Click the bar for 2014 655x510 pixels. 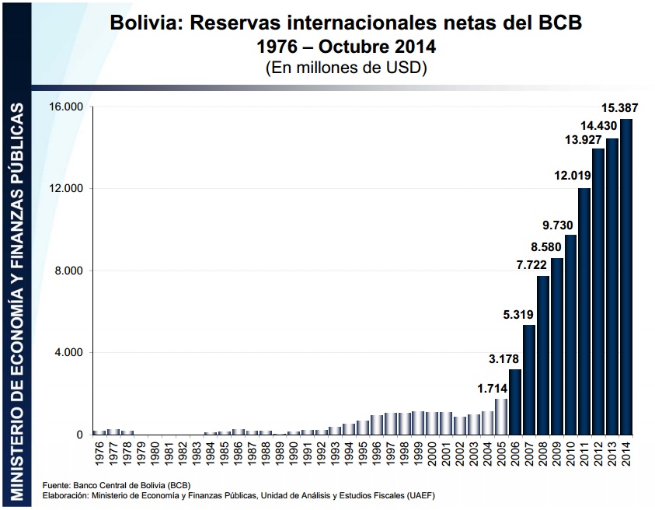pos(626,277)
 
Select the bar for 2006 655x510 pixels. pos(514,402)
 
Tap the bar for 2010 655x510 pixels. pos(570,334)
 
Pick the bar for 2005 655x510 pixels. pos(501,417)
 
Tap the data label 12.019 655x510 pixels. pos(573,176)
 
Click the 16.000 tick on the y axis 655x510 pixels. pos(68,107)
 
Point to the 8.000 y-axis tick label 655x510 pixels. pos(70,271)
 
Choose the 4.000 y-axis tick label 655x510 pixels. pos(70,353)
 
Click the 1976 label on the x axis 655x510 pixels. pos(99,452)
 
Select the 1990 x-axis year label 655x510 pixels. pos(291,452)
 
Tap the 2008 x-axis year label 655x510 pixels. pos(543,452)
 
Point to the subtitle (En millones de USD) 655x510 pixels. pos(347,68)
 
